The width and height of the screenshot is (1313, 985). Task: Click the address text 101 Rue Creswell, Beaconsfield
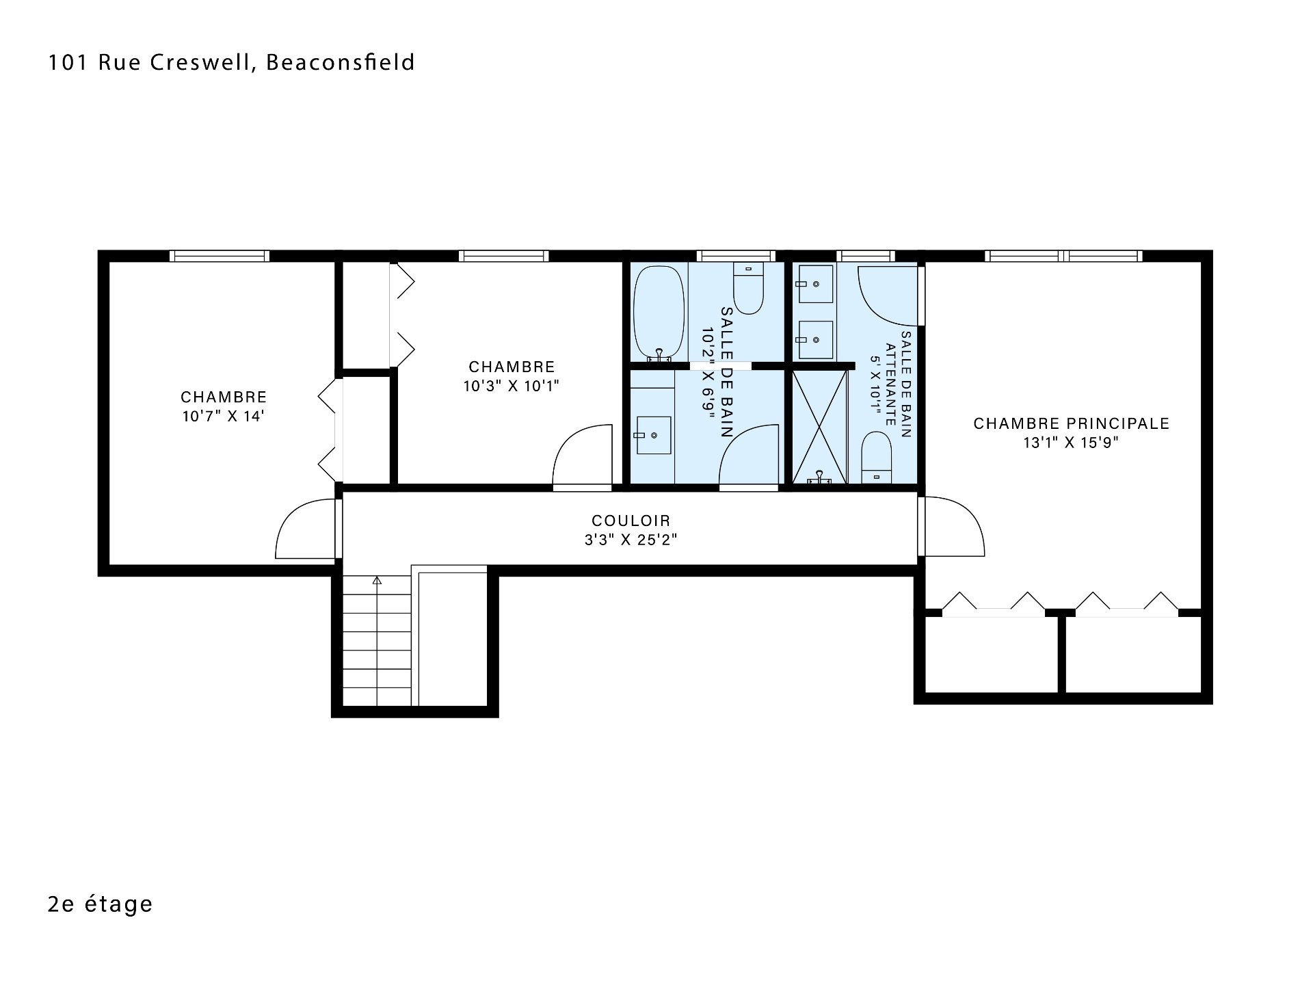tap(231, 62)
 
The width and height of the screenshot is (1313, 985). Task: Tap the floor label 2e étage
tap(101, 904)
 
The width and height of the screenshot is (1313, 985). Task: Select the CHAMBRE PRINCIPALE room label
tap(1071, 423)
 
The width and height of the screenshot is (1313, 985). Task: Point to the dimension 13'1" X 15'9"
tap(1071, 443)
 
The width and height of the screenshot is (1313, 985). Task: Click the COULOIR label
tap(631, 521)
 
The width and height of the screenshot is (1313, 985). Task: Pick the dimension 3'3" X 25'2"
tap(631, 540)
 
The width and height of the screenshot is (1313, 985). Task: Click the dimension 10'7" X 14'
tap(223, 416)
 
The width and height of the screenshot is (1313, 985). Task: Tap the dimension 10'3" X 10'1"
tap(512, 386)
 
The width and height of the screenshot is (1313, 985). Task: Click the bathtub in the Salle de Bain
tap(659, 313)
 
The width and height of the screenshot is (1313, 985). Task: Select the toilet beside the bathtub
tap(748, 288)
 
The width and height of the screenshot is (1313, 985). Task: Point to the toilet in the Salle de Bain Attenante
tap(877, 457)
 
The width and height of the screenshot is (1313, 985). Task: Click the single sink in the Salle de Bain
tap(654, 435)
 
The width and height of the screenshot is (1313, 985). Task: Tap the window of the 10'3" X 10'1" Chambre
tap(503, 256)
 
